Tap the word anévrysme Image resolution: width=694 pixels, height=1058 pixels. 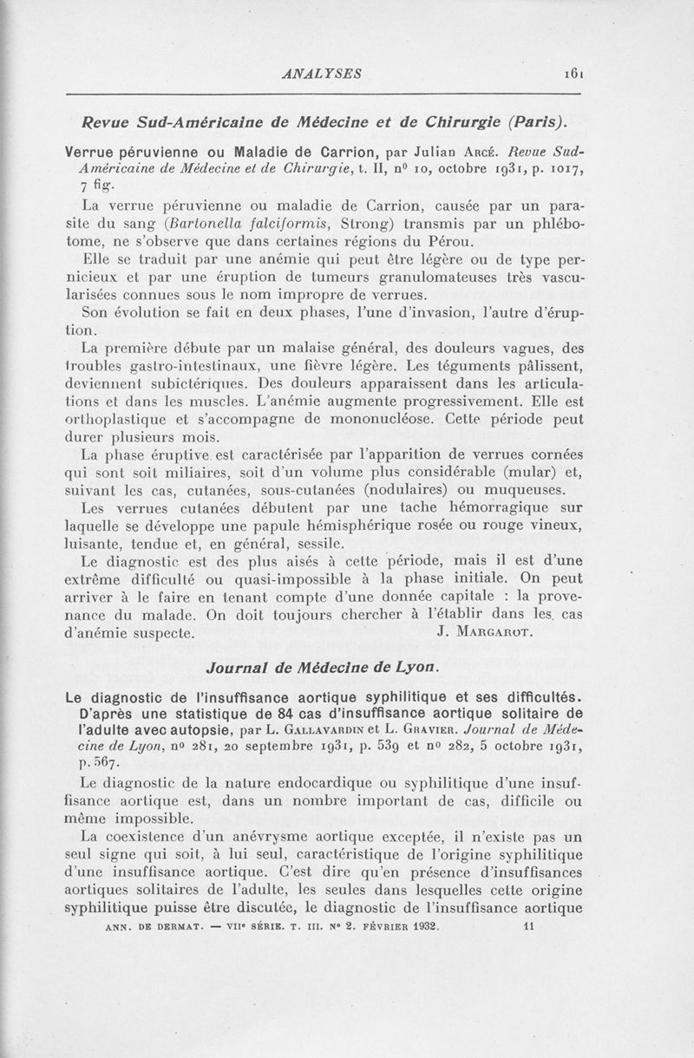272,837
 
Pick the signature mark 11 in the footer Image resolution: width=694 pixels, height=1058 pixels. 531,926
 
